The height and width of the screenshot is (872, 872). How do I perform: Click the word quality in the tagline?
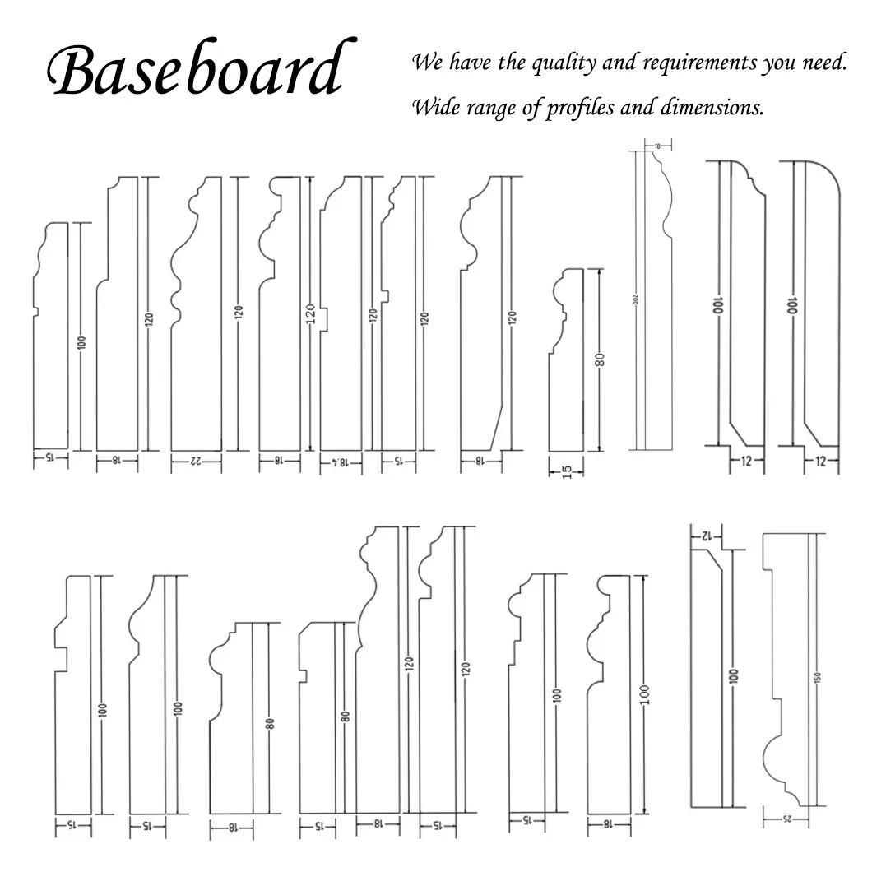559,64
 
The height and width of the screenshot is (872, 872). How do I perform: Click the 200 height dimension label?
636,300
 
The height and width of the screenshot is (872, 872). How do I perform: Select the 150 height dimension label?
817,676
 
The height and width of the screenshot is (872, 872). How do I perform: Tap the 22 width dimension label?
196,462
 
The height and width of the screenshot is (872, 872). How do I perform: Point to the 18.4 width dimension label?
349,462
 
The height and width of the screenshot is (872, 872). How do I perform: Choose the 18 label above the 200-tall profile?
657,146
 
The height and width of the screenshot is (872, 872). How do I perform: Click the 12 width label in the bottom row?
705,536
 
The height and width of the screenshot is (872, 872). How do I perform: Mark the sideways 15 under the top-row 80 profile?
567,471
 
